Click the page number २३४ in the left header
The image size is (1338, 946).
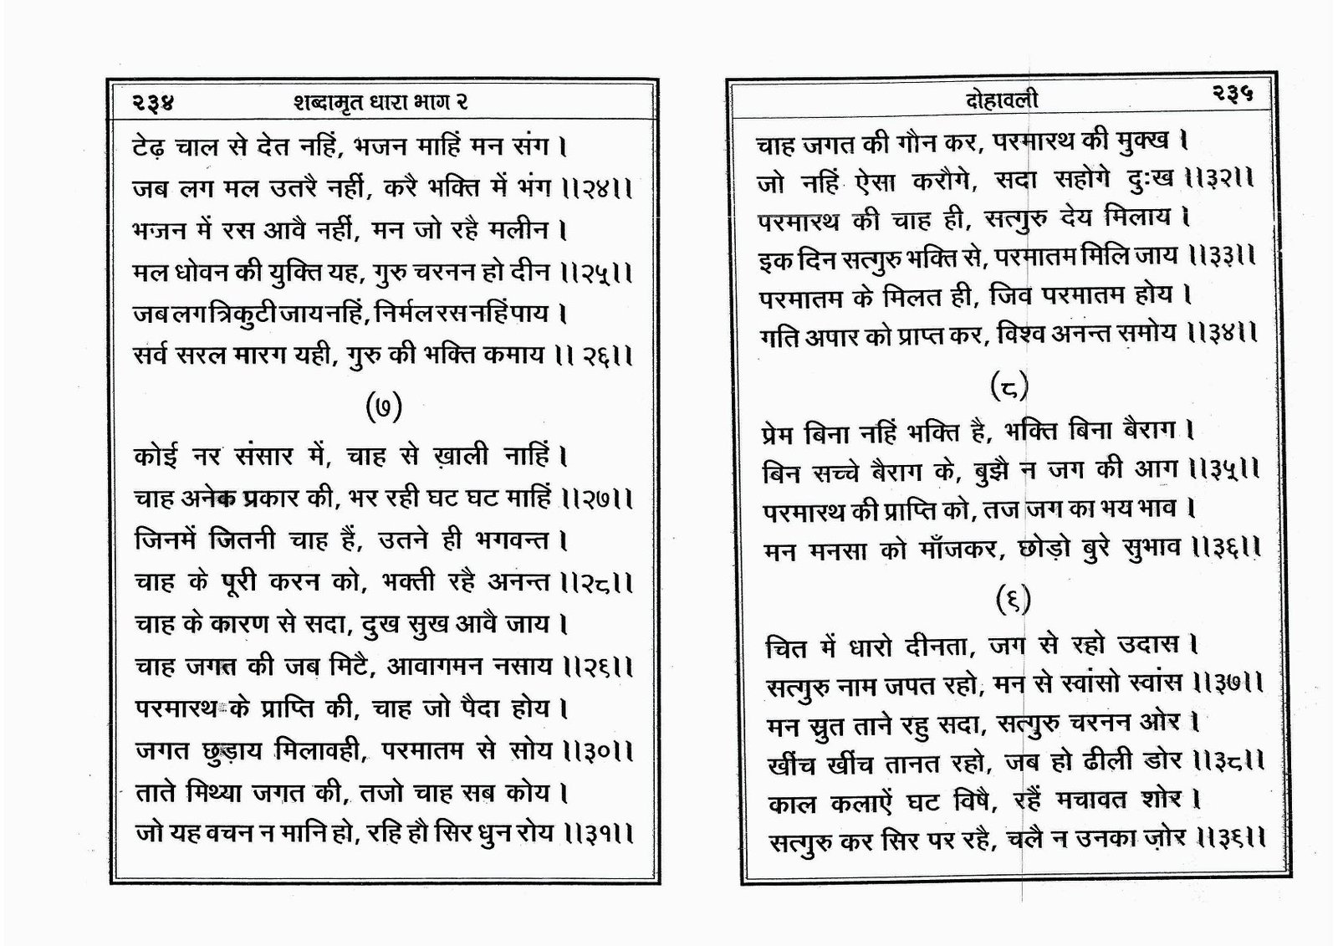(151, 103)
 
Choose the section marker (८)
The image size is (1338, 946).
(1009, 386)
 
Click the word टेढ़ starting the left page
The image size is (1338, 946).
(150, 148)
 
